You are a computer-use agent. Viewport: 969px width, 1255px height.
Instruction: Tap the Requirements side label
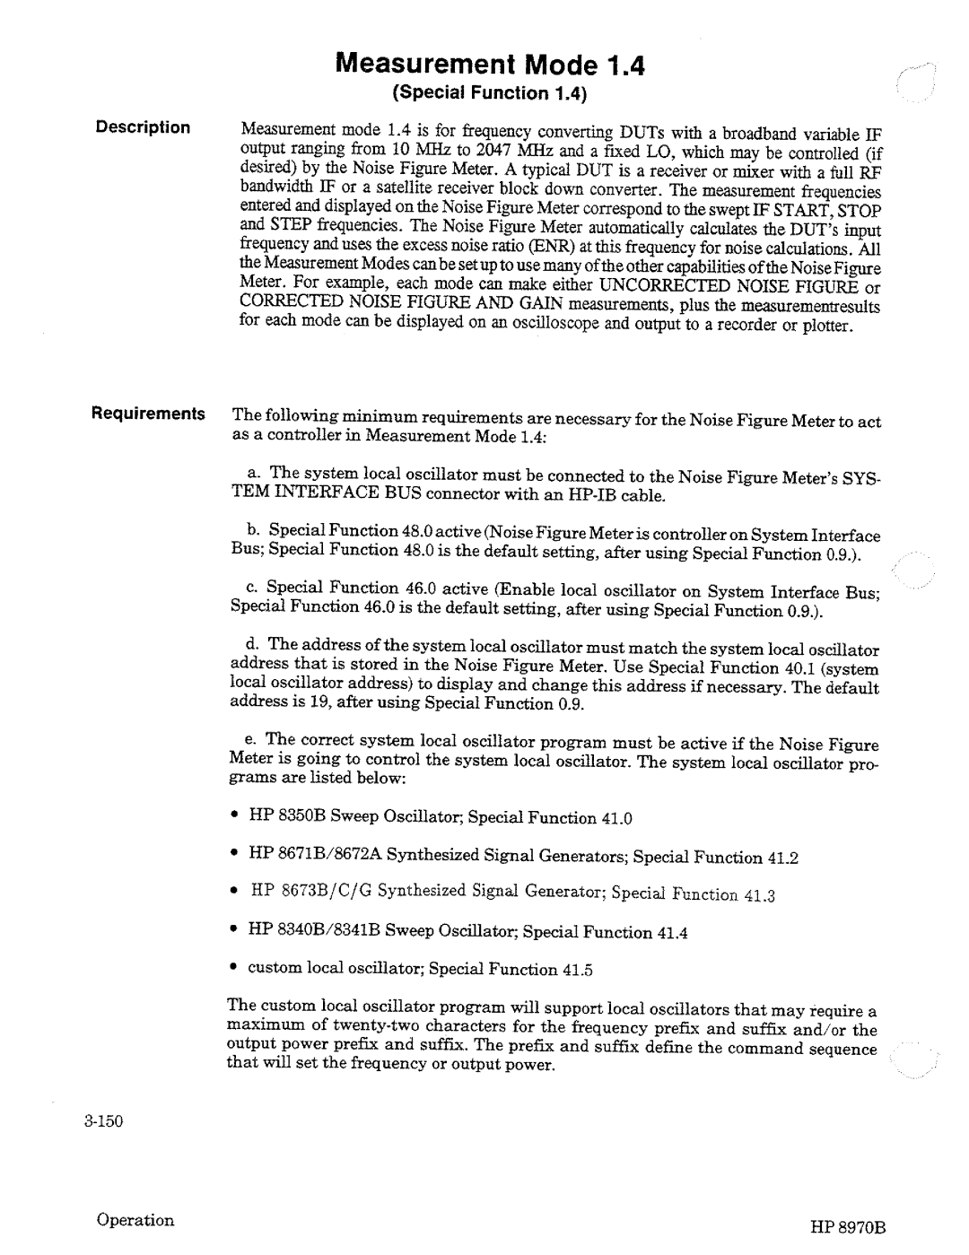point(146,414)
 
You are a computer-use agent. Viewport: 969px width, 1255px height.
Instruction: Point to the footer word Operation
point(137,1220)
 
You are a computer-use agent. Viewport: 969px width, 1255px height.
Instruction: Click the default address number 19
point(319,703)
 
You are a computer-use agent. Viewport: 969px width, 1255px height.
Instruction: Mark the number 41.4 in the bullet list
point(672,933)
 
